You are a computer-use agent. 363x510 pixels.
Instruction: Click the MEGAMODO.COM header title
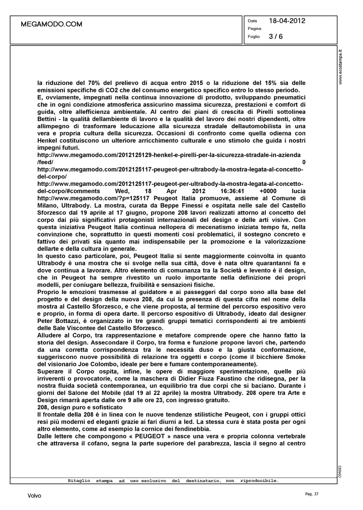pyautogui.click(x=52, y=24)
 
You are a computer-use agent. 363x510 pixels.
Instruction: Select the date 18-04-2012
pyautogui.click(x=287, y=21)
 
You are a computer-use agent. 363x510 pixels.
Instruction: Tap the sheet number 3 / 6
pyautogui.click(x=276, y=36)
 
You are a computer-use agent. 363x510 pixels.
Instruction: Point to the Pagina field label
pyautogui.click(x=254, y=29)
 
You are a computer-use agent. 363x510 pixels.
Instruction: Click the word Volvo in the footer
pyautogui.click(x=34, y=496)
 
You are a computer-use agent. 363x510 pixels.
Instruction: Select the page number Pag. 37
pyautogui.click(x=312, y=494)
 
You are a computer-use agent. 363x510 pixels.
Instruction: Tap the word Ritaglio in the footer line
pyautogui.click(x=79, y=481)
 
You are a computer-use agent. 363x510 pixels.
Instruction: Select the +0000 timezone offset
pyautogui.click(x=267, y=191)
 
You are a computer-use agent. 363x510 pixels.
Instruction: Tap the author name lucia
pyautogui.click(x=298, y=191)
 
